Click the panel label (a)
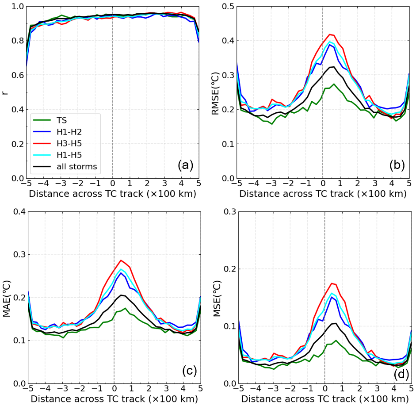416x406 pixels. pos(185,165)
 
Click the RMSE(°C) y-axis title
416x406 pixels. pos(217,92)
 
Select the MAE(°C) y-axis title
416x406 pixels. pos(7,297)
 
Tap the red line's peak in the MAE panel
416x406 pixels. pos(121,260)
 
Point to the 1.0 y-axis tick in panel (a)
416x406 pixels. pos(17,6)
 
